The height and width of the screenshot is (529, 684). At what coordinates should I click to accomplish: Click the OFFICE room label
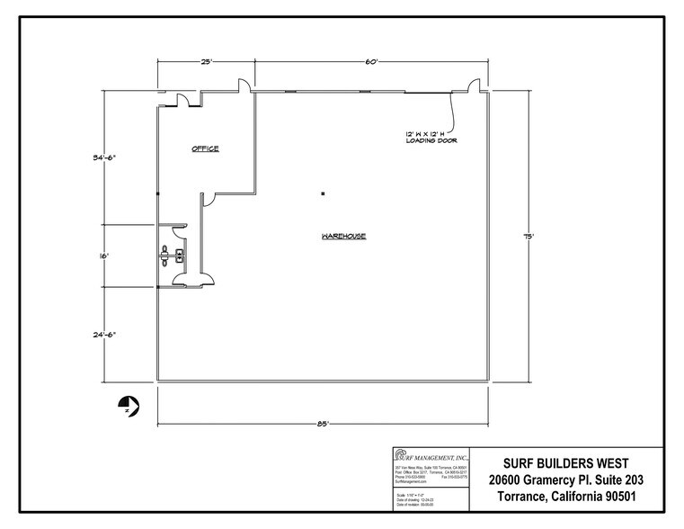click(205, 149)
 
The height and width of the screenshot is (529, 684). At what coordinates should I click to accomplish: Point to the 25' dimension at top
click(206, 61)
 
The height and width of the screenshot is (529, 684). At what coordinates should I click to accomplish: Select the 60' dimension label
click(372, 61)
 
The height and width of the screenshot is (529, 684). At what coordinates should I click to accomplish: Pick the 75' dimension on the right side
click(529, 237)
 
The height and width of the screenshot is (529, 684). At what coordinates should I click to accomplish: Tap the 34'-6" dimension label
click(105, 157)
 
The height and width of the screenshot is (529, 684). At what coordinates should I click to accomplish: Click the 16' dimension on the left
click(104, 256)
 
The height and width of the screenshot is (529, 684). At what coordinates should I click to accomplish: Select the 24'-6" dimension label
click(105, 333)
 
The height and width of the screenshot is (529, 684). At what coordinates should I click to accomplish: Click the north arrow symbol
click(128, 406)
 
